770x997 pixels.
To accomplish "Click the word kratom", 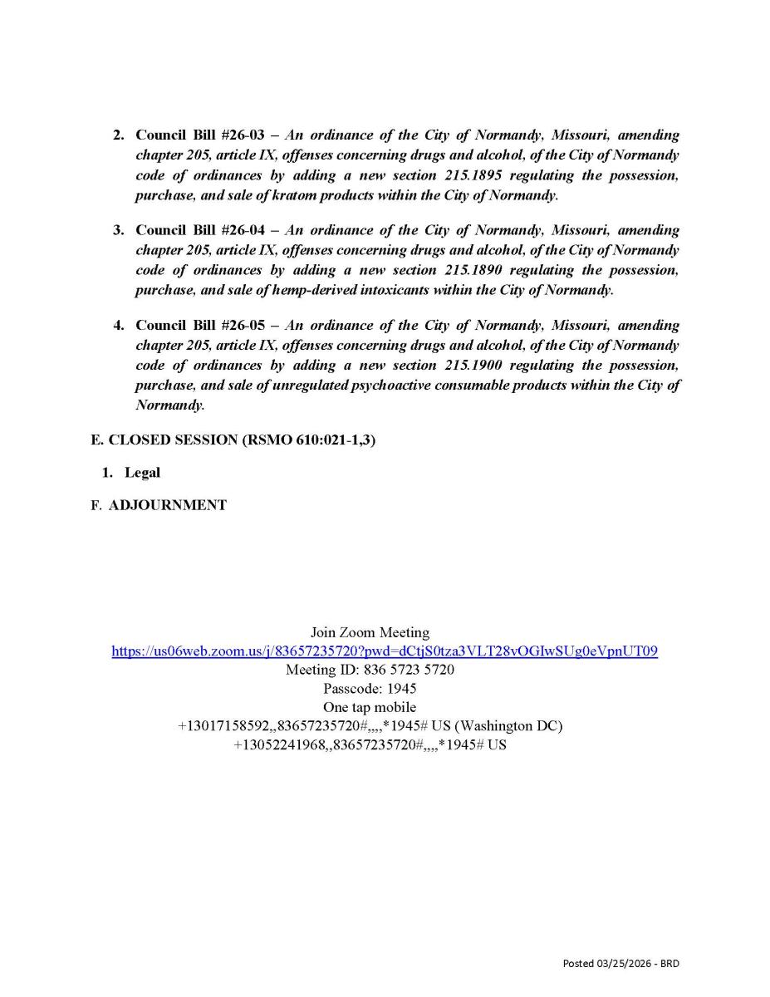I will click(x=293, y=195).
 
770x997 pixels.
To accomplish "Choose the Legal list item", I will click(x=142, y=473).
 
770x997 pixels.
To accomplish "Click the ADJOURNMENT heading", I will click(x=167, y=504).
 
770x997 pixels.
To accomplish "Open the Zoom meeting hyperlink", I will click(x=385, y=651).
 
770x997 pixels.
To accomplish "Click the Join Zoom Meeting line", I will click(x=370, y=633).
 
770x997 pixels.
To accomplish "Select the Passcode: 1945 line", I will click(x=370, y=688).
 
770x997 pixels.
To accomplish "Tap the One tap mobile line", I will click(x=370, y=707).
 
